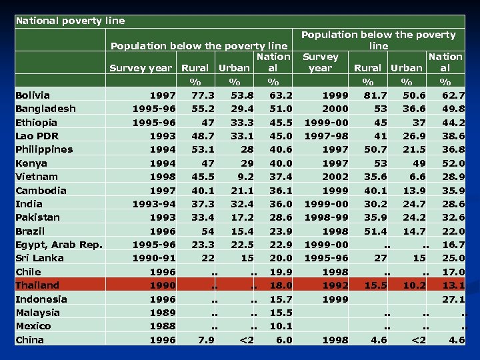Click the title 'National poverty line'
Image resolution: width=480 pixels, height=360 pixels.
tap(70, 21)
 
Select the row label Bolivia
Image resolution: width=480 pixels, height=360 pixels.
tap(33, 95)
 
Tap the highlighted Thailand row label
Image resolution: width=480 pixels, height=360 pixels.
tap(37, 285)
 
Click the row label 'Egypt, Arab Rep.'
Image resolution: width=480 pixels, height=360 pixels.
tap(59, 245)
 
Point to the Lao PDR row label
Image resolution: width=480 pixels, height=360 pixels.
tap(37, 136)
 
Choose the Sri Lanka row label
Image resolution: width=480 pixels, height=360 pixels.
tap(39, 258)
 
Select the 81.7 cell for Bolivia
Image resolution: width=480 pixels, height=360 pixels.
tap(375, 95)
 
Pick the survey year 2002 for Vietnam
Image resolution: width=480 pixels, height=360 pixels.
tap(335, 177)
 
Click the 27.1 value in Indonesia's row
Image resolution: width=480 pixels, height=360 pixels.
tap(453, 299)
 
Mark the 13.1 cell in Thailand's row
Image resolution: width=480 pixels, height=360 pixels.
tap(453, 285)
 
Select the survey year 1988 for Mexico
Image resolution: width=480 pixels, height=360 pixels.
tap(163, 326)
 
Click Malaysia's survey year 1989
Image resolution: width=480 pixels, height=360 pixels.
tap(163, 313)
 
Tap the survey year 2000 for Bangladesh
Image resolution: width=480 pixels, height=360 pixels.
tap(335, 109)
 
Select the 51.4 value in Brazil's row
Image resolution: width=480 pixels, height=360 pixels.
tap(375, 231)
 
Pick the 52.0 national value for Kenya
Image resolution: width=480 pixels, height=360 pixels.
tap(453, 163)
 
